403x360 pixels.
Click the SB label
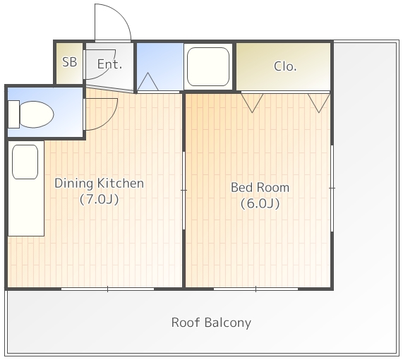[x=70, y=62]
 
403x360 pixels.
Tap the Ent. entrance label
[x=109, y=64]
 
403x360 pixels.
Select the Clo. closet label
[x=285, y=66]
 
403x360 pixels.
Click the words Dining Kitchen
[x=99, y=184]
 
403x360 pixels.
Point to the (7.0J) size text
[x=100, y=199]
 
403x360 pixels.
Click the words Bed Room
[x=260, y=187]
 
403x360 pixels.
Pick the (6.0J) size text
[x=260, y=203]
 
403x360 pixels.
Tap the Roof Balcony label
[x=211, y=323]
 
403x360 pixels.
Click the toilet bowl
[x=36, y=114]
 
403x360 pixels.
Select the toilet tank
[x=14, y=114]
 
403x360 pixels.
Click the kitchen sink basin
[x=25, y=162]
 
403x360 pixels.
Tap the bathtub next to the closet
[x=208, y=66]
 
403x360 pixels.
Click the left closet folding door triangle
[x=252, y=103]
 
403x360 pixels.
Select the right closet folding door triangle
[x=319, y=103]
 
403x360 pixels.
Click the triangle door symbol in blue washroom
[x=148, y=82]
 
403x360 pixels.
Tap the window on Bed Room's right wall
[x=332, y=188]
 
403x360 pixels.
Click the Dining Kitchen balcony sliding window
[x=107, y=289]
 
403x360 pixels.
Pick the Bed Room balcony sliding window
[x=255, y=289]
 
